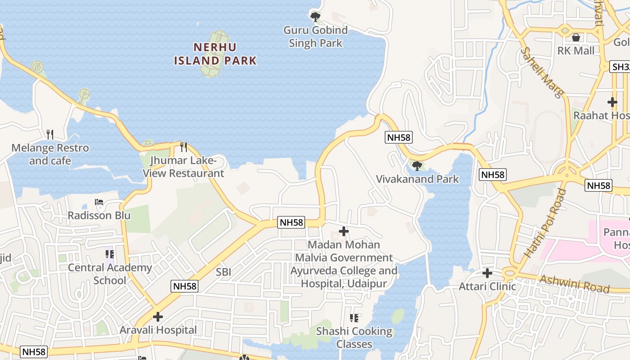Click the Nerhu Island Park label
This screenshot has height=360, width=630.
[215, 54]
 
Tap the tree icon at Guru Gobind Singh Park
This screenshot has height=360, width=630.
[315, 17]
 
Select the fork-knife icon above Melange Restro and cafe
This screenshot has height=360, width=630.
[50, 134]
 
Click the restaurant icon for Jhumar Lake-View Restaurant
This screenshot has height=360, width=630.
[184, 147]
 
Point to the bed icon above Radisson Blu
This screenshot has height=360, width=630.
[99, 202]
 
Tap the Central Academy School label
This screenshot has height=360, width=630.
[110, 274]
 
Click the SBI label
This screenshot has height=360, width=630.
[223, 272]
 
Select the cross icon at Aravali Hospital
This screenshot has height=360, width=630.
[158, 316]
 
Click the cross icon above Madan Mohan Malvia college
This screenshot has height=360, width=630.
[344, 231]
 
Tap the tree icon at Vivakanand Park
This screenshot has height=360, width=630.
[417, 166]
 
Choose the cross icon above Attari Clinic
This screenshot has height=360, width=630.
[487, 273]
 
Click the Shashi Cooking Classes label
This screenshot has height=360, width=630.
[354, 337]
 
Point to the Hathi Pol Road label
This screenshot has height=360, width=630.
[545, 223]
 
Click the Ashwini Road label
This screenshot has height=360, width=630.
[574, 283]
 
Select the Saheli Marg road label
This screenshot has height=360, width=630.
[542, 72]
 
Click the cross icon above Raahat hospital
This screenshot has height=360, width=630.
[612, 102]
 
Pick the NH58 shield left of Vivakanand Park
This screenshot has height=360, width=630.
[399, 137]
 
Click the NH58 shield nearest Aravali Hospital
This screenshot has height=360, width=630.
[185, 286]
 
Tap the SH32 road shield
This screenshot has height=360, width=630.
[621, 67]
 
